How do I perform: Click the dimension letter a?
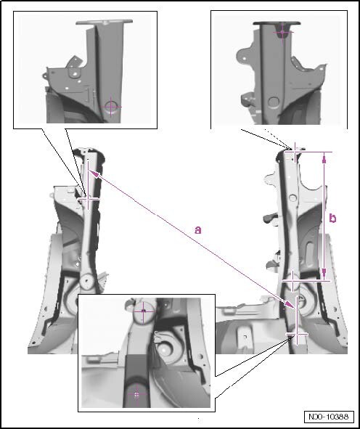197,230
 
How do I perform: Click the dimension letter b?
332,218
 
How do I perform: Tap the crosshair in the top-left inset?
111,107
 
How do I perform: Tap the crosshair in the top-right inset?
282,32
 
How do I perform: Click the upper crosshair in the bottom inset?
143,311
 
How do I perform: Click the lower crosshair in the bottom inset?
136,394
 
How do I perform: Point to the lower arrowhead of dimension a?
290,306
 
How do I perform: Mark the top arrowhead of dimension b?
324,159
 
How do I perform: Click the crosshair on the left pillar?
88,199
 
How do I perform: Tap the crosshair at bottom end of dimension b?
293,280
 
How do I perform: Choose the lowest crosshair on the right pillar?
297,334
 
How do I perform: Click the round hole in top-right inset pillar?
274,102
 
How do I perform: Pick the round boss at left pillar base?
86,280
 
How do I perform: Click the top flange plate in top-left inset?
105,22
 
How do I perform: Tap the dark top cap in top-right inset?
277,23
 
